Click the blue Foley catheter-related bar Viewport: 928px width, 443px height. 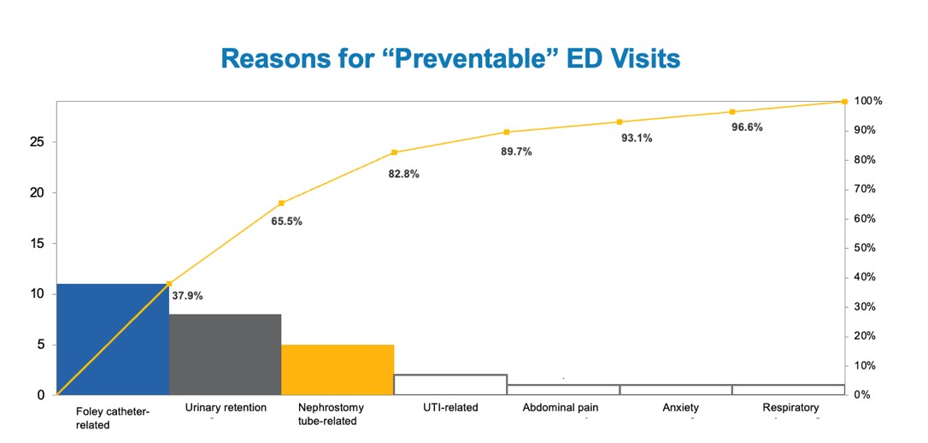pos(112,339)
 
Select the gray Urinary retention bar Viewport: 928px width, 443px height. pos(225,354)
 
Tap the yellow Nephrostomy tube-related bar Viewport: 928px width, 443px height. pos(338,369)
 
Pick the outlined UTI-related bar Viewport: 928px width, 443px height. pos(450,385)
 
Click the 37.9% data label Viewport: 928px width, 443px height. pos(187,296)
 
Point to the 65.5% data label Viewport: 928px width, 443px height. pos(287,221)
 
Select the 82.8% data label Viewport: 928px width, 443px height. pos(404,174)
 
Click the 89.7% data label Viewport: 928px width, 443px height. pos(517,151)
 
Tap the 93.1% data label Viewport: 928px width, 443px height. pos(637,138)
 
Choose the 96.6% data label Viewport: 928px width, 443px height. pos(748,127)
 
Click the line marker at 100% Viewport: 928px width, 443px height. pos(844,102)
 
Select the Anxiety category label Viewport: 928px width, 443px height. pos(680,408)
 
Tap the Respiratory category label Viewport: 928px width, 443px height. pos(790,408)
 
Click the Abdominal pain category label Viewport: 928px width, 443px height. pos(561,408)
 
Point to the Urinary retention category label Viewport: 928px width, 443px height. pos(226,408)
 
